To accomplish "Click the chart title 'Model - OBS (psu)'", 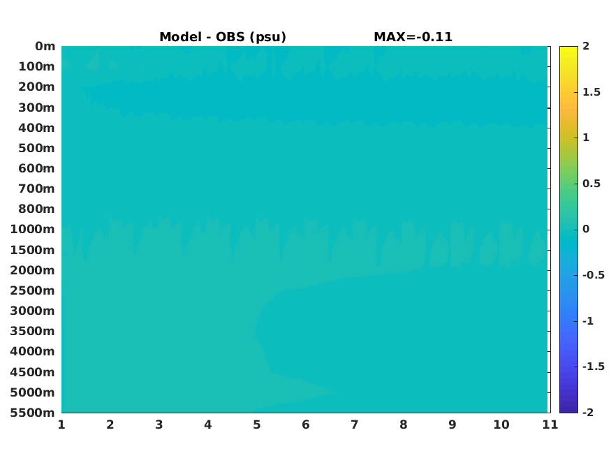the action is [x=223, y=37].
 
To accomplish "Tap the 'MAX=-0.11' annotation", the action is [x=413, y=37].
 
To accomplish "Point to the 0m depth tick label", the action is [x=45, y=46].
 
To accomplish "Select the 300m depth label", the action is [x=36, y=108].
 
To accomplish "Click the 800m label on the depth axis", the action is [x=36, y=209].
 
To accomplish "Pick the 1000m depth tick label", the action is [x=33, y=230].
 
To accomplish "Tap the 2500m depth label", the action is [x=33, y=290].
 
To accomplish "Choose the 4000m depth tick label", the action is [x=33, y=351].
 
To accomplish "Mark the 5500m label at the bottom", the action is [x=33, y=413].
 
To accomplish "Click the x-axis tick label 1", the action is [x=61, y=424].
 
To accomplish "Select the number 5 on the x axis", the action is [x=257, y=424].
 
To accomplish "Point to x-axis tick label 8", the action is [x=404, y=424].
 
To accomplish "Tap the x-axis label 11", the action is [x=550, y=424].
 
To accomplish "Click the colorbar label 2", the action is [x=586, y=46].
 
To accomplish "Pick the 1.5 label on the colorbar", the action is [x=591, y=92].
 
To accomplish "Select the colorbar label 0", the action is [x=586, y=229].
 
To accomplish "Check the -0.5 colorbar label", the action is [x=594, y=275].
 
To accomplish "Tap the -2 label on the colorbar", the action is [x=588, y=412].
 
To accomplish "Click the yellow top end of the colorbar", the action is [x=568, y=48].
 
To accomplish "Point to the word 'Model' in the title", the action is [x=181, y=37].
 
